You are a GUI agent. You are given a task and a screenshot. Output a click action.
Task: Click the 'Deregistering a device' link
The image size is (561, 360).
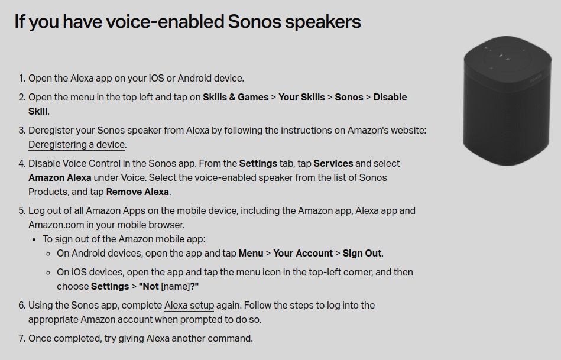click(x=76, y=144)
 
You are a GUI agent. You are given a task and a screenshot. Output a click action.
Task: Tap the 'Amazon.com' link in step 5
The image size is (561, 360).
click(x=56, y=225)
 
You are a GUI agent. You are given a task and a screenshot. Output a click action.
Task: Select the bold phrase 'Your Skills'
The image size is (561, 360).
click(x=301, y=97)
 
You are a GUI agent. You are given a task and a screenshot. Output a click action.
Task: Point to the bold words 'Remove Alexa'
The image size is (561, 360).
click(x=138, y=192)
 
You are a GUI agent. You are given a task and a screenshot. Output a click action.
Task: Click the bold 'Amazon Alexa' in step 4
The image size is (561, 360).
click(x=60, y=177)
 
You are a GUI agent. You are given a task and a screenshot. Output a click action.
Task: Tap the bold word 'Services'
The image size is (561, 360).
click(x=333, y=163)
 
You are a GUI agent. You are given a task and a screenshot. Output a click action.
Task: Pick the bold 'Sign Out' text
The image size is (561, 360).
click(x=362, y=253)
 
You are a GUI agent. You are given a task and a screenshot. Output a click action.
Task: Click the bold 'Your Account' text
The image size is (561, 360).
click(x=303, y=253)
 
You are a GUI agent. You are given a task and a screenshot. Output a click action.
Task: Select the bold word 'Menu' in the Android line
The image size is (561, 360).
click(x=251, y=253)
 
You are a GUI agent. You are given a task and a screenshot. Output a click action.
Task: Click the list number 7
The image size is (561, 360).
click(x=21, y=339)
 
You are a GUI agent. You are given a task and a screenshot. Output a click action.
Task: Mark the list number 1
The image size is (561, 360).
click(x=21, y=78)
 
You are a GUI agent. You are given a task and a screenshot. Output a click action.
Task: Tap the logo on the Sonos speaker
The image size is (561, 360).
click(x=536, y=77)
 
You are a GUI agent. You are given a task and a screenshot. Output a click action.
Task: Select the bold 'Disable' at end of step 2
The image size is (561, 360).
click(x=390, y=97)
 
